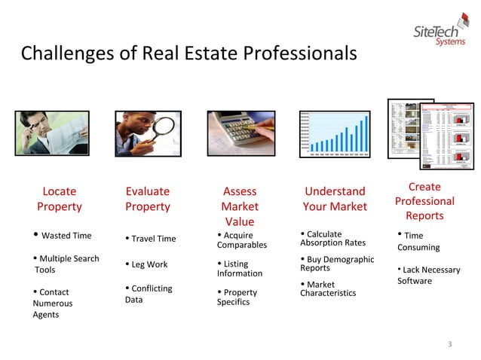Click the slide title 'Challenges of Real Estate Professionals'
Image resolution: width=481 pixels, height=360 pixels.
pos(188,54)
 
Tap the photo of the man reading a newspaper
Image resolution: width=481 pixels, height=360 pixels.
pos(52,133)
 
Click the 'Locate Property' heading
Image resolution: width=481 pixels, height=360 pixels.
pos(59,199)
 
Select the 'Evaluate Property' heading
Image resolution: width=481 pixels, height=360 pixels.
pos(148,199)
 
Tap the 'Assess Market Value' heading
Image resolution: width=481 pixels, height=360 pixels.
pos(240,206)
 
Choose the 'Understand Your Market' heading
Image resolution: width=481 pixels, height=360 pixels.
pos(335,199)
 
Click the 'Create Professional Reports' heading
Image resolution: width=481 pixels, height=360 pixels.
pos(424,201)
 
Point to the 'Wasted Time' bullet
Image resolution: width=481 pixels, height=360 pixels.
pos(63,236)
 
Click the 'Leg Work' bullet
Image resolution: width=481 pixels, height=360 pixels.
pos(147,264)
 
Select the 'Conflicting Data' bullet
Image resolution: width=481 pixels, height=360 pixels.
pos(148,294)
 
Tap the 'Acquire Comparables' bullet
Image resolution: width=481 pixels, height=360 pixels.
pos(242,240)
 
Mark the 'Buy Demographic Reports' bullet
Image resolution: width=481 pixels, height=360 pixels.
pos(336,264)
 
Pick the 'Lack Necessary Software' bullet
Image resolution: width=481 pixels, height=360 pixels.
pos(428,275)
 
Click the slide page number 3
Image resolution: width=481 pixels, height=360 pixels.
pos(449,345)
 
